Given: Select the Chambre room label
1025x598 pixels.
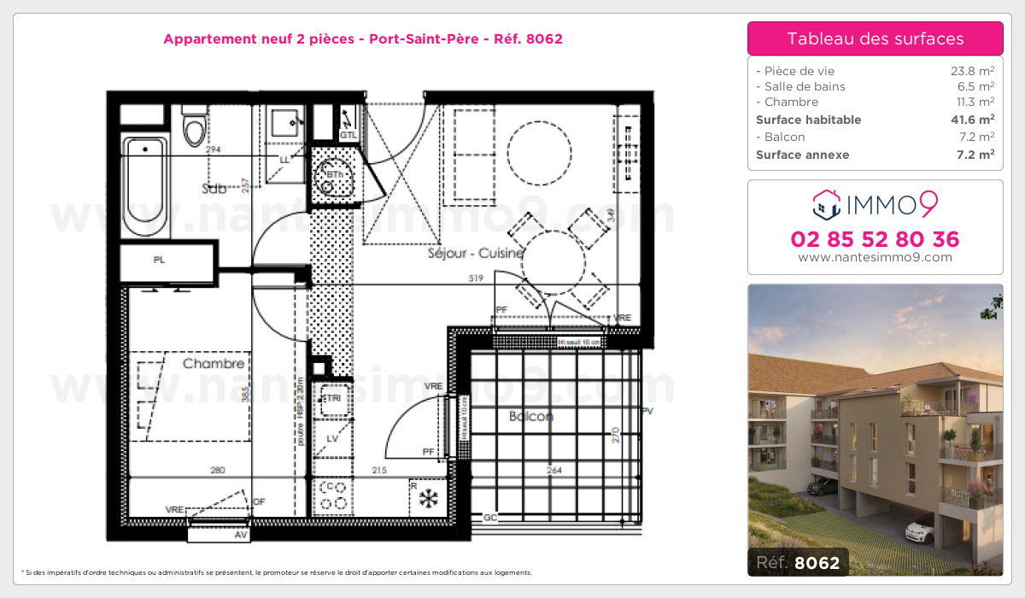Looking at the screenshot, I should (x=214, y=364).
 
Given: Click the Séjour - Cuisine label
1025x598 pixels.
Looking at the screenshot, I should (x=476, y=253).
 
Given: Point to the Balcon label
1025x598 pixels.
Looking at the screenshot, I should (x=531, y=416).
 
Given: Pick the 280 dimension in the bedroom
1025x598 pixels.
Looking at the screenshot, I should (x=217, y=470).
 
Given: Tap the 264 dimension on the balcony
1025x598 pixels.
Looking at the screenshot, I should (x=555, y=470).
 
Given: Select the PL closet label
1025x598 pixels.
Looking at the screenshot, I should (x=159, y=261).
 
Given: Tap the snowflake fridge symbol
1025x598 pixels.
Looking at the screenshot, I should (x=428, y=497).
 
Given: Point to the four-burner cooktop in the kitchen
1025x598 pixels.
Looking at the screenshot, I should (x=331, y=496).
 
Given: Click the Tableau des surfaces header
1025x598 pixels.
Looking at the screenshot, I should (x=875, y=38).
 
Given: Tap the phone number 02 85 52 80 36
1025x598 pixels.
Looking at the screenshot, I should (x=875, y=239).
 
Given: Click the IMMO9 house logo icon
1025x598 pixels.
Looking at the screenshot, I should (x=827, y=203).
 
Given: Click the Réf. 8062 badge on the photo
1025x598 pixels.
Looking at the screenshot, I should (x=798, y=562).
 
